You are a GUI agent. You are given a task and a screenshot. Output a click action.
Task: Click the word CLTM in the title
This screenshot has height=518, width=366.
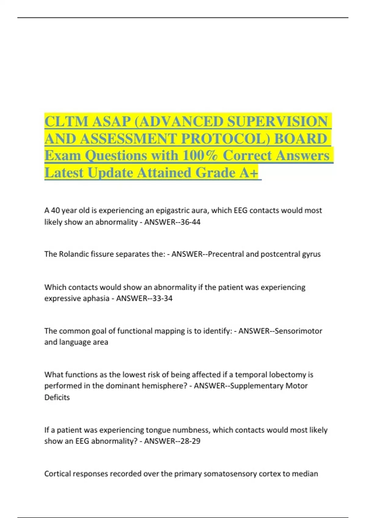coord(66,122)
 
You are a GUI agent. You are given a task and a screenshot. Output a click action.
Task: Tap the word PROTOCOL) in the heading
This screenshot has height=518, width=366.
coord(225,139)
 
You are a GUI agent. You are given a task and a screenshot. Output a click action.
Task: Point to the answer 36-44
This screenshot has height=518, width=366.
coord(190,222)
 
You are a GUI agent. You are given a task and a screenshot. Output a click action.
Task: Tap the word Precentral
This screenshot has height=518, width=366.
coord(226,254)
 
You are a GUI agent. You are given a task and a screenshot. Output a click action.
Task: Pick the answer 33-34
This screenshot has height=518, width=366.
coord(163,298)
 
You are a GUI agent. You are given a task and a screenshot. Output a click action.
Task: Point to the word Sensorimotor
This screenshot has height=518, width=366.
coord(298,331)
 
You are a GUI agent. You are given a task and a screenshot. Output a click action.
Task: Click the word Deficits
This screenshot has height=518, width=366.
coord(57,397)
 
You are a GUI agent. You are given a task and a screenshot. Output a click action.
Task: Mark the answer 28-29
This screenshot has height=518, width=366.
coord(190,441)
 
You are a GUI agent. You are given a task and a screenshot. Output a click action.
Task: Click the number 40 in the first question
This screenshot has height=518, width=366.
coord(55,211)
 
